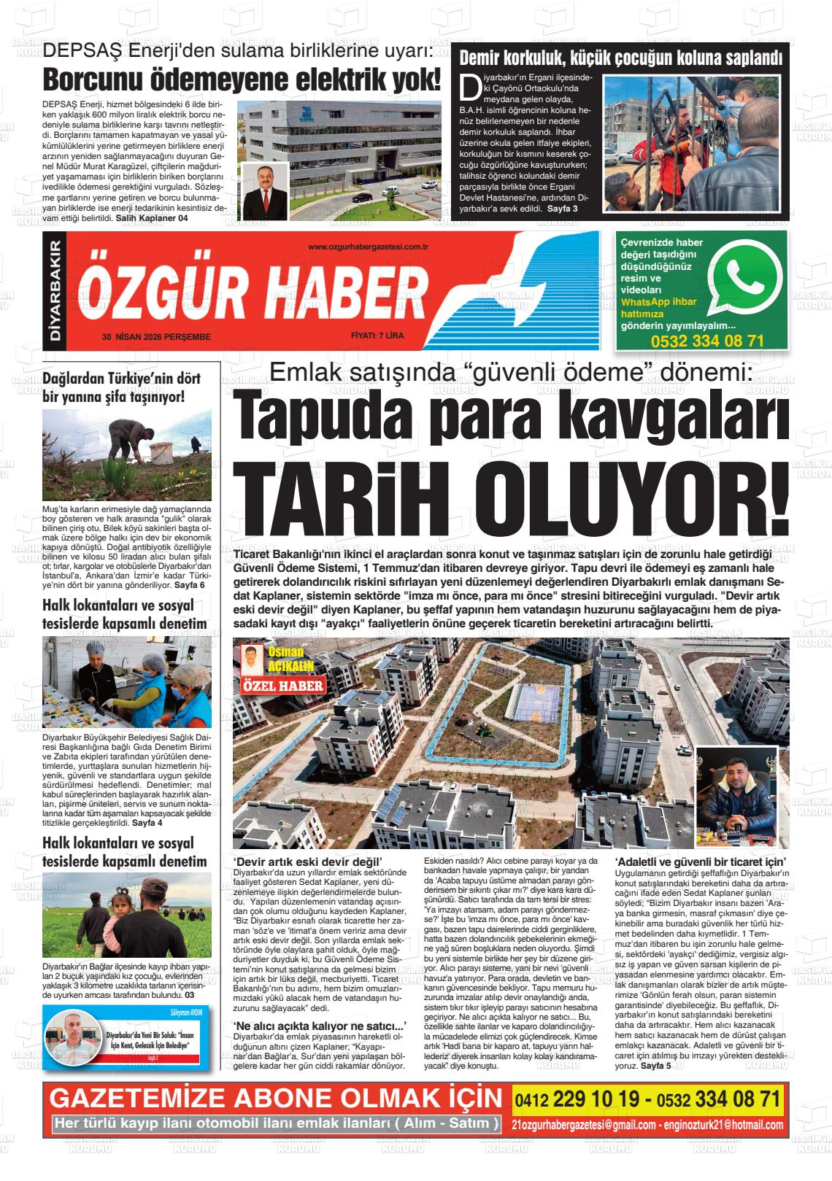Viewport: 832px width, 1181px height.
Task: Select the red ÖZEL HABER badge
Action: coord(282,686)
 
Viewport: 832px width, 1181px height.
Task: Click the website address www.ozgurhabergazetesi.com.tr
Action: coord(368,247)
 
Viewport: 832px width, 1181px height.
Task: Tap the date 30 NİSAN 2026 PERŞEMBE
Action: coord(157,337)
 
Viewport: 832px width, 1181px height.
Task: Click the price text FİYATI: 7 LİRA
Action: coord(377,336)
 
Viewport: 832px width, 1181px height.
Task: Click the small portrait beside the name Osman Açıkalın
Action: coord(252,660)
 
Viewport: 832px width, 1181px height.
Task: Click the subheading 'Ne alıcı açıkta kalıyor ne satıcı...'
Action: coord(319,1026)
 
